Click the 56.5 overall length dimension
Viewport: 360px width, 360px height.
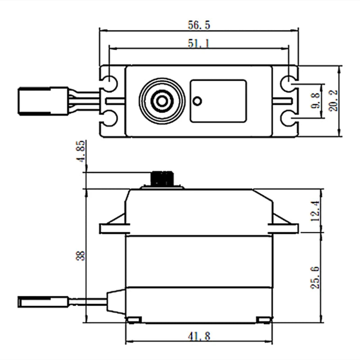click(x=198, y=25)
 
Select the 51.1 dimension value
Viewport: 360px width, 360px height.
click(x=198, y=44)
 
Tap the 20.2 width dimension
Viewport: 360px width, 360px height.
click(x=333, y=101)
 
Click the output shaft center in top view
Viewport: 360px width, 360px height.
click(x=162, y=101)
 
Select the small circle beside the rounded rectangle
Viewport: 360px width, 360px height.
click(x=197, y=101)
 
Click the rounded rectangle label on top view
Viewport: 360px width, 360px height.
click(x=218, y=101)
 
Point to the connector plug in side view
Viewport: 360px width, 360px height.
click(x=43, y=301)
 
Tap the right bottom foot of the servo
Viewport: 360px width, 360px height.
click(x=264, y=319)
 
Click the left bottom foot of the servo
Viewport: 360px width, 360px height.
click(x=134, y=319)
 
